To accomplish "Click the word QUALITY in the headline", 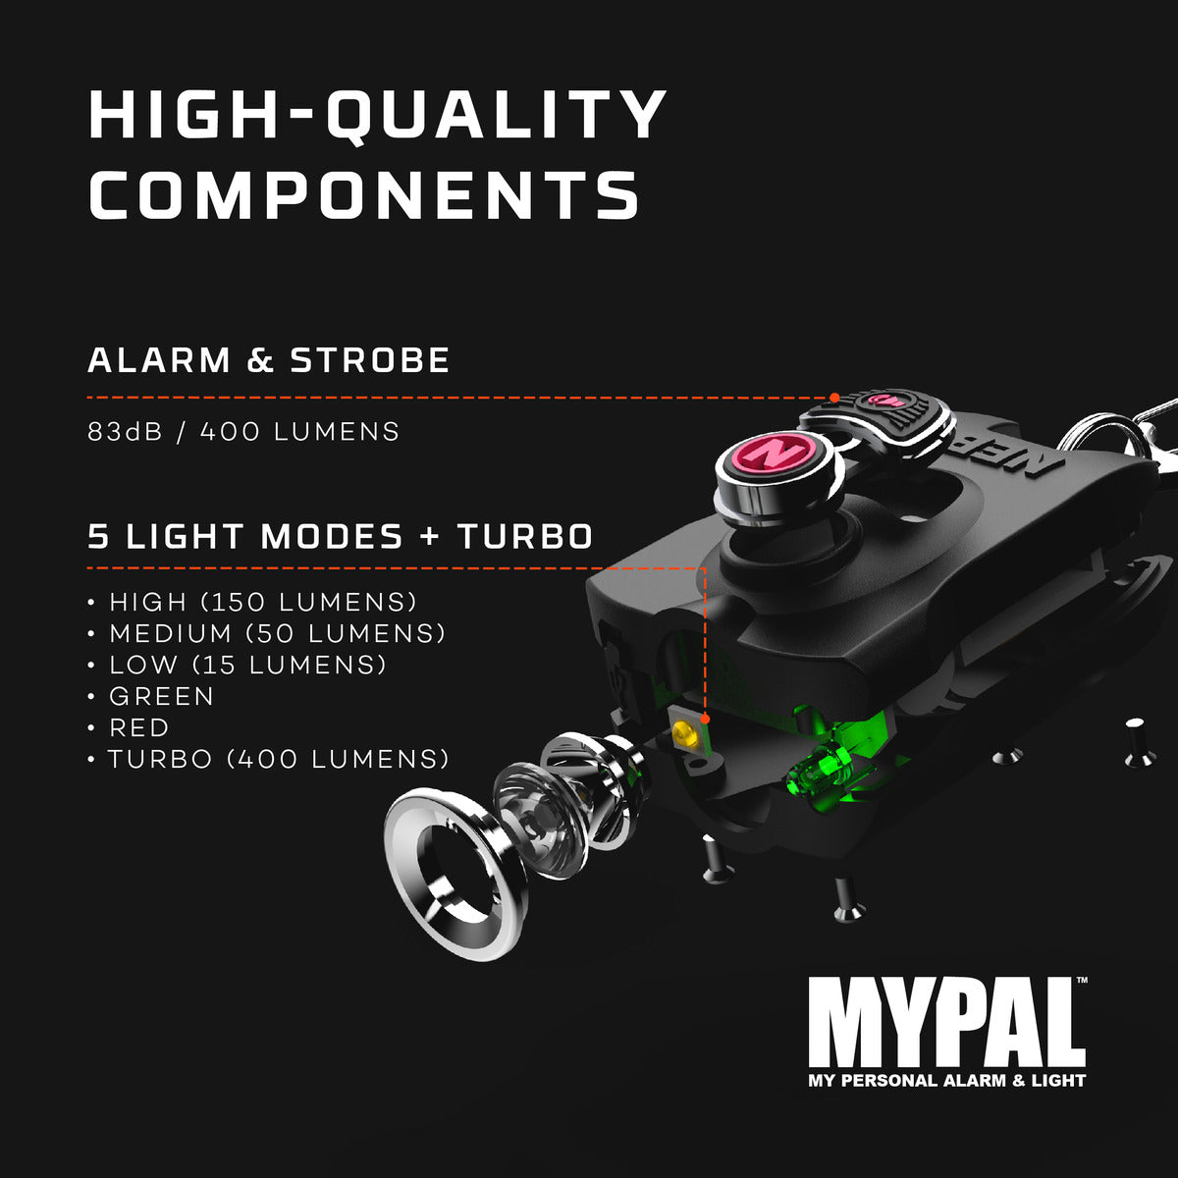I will click(496, 116).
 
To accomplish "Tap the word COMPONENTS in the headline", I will click(364, 194).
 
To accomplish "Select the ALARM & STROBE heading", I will click(269, 360).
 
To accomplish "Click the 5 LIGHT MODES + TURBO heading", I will click(341, 537).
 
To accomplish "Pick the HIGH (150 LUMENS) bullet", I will click(263, 602).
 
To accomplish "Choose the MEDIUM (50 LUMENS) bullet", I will click(277, 633).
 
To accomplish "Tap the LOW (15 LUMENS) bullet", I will click(247, 665).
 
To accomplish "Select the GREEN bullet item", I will click(161, 696).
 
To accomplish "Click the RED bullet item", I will click(138, 727).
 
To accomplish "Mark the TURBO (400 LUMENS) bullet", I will click(278, 759).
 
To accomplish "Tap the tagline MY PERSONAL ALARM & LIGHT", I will click(946, 1081).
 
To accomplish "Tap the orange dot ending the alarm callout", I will click(833, 398).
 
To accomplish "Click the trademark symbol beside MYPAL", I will click(1082, 981).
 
